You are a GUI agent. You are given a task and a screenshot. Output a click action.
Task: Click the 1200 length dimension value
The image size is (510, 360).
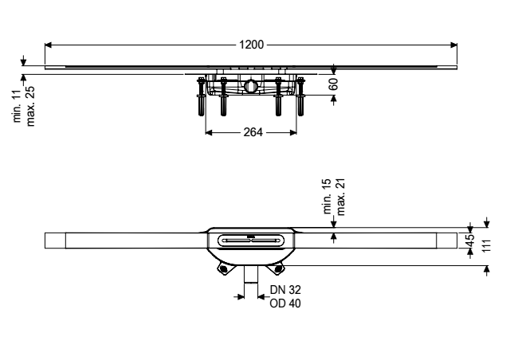pos(252,45)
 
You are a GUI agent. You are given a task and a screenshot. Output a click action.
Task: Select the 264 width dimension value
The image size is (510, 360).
pos(253,132)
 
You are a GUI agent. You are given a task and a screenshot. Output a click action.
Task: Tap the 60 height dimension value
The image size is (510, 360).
pos(333,84)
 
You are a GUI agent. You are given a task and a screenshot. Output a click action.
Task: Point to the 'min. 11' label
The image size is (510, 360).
pos(17,105)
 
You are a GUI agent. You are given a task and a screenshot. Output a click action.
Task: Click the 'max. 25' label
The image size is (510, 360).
pos(30,106)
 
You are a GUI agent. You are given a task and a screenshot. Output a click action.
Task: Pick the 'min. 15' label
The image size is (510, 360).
pos(328,196)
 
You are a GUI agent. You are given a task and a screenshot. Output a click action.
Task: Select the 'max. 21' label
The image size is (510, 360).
pos(340,197)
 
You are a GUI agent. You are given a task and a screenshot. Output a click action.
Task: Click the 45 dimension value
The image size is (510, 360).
pos(469,241)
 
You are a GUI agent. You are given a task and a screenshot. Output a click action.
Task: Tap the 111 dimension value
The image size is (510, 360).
pos(485,246)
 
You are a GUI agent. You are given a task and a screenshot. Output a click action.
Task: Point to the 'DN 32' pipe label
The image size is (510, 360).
pos(285,289)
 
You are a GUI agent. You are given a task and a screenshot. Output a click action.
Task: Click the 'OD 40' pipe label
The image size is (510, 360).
pos(285,303)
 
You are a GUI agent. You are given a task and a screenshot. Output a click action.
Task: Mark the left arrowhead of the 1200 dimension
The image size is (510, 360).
pos(48,45)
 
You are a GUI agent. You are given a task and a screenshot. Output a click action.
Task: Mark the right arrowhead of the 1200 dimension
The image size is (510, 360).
pos(453,45)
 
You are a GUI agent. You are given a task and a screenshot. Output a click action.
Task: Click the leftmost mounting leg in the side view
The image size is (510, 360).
pos(202,96)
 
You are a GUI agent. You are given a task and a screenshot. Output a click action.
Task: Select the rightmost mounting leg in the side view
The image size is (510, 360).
pos(300,96)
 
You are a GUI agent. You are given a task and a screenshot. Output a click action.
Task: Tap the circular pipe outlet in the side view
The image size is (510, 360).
pos(251,85)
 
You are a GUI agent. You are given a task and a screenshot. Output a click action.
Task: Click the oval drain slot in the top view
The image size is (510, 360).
pos(250,241)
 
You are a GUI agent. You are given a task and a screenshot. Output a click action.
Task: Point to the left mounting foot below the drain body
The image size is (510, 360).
pos(223,268)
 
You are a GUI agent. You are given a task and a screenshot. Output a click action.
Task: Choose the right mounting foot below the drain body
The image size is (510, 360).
pos(278,268)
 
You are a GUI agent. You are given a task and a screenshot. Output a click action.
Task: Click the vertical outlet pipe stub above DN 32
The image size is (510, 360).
pos(251,274)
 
